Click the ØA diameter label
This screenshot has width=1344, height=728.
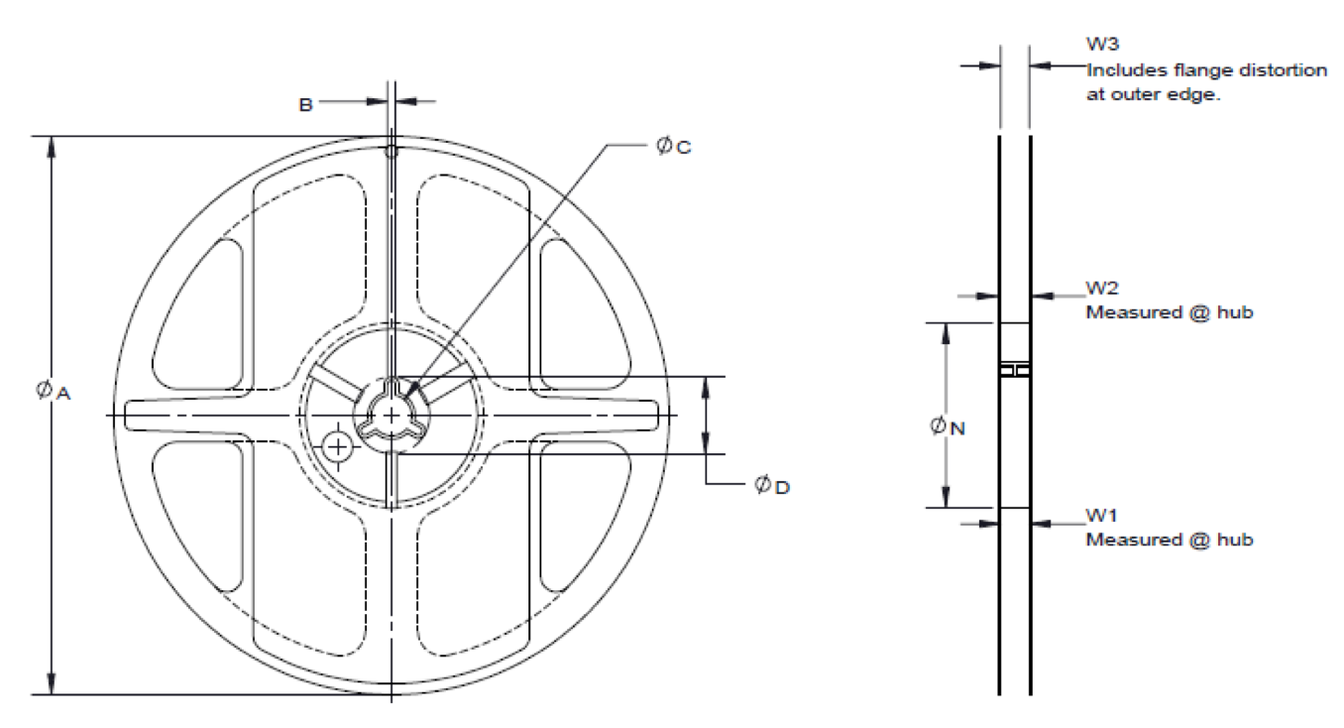pos(54,392)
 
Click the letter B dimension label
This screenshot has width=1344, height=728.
pos(306,102)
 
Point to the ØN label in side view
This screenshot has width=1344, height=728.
pos(947,426)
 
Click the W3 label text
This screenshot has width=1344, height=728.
pos(1101,45)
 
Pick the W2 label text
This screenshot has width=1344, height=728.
pos(1101,289)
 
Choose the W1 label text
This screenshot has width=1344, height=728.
pos(1101,516)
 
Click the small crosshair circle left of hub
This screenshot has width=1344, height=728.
pos(339,446)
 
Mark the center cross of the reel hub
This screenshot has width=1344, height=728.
pos(392,414)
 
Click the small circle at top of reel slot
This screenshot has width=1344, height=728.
pos(392,151)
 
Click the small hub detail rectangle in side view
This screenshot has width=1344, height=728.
pos(1015,370)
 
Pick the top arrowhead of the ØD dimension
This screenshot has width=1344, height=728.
pos(706,385)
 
